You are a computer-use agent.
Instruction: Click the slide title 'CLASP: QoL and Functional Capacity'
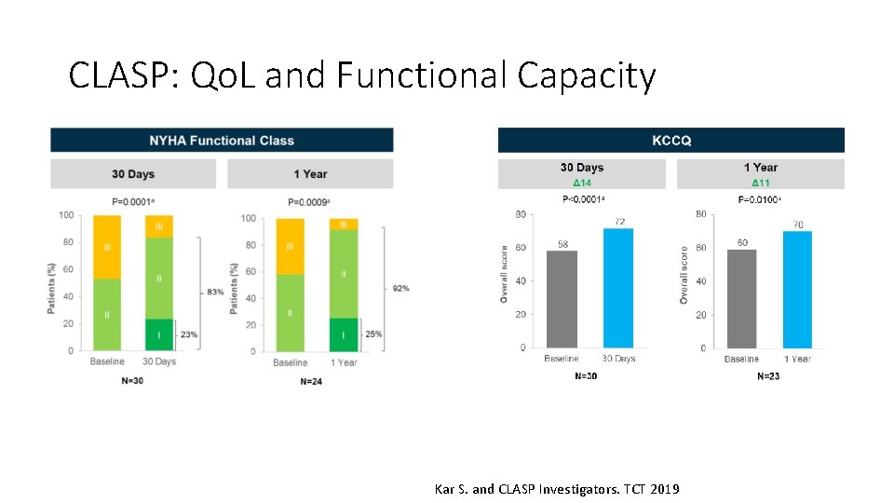[362, 75]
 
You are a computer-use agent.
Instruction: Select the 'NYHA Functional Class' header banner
[222, 141]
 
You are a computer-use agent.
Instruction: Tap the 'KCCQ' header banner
[670, 141]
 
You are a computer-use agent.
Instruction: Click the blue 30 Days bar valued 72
[618, 289]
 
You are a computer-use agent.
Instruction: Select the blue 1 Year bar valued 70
[797, 290]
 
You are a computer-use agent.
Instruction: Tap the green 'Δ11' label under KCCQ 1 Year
[761, 183]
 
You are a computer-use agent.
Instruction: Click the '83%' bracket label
[215, 292]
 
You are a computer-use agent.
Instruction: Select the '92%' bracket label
[400, 289]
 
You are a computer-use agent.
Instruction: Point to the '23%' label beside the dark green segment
[189, 334]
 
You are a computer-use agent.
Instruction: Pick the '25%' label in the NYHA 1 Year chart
[373, 334]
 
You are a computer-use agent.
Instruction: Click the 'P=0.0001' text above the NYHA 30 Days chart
[130, 202]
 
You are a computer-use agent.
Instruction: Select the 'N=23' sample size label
[768, 376]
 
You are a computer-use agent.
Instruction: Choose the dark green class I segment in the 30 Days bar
[159, 334]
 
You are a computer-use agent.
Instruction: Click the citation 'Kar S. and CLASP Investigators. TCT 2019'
[557, 489]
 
